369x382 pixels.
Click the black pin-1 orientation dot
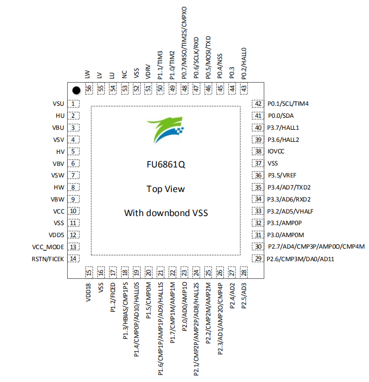pos(76,90)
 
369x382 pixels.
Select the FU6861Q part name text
pos(166,165)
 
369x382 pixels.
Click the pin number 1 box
pos(73,104)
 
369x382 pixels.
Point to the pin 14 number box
pos(73,259)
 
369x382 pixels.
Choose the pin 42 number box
pos(258,104)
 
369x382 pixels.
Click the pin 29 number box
pos(258,259)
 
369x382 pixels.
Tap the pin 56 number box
pos(89,88)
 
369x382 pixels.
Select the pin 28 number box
pos(244,272)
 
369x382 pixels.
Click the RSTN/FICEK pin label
pos(48,259)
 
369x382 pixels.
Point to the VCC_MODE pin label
pos(48,247)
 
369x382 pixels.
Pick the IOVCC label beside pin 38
pos(276,151)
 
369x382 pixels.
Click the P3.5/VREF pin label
pos(282,175)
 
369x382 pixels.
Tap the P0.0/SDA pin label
pos(281,116)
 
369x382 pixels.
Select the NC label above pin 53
pos(125,74)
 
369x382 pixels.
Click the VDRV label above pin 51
pos(148,72)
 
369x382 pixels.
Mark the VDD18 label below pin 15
pos(88,292)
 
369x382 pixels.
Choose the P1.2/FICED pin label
pos(112,297)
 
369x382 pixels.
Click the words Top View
pos(166,189)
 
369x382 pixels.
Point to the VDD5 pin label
pos(56,235)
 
